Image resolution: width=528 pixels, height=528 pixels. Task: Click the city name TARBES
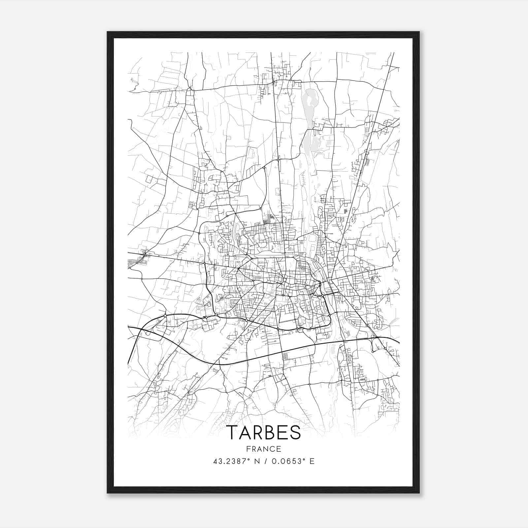click(264, 432)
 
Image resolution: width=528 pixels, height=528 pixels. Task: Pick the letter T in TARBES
click(233, 432)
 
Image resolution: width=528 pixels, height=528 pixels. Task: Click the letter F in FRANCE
click(248, 449)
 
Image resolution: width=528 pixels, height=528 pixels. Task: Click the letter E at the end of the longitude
click(312, 461)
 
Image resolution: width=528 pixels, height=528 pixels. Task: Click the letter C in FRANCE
click(272, 449)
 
